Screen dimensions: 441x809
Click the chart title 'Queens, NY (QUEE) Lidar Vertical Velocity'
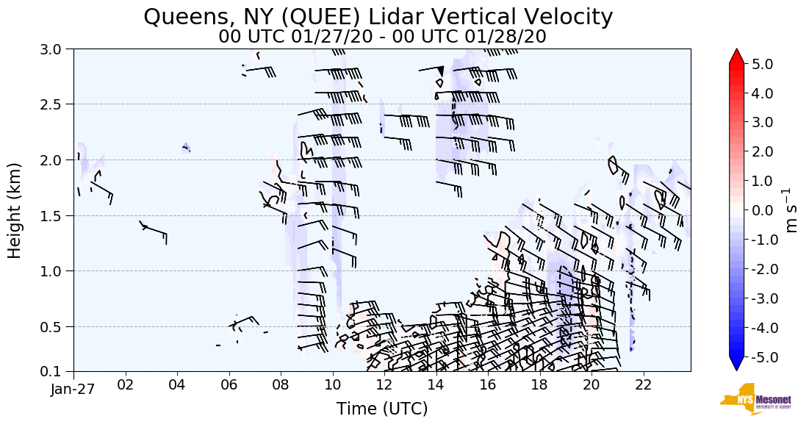tap(378, 16)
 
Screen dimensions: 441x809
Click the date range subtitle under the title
tap(382, 37)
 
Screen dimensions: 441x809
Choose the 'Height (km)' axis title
tap(15, 210)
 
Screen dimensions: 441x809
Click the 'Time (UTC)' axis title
tap(382, 409)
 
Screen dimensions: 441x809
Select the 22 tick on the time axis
tap(643, 386)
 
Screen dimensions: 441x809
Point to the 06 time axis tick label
tap(229, 386)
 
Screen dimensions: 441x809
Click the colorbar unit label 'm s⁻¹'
tap(793, 210)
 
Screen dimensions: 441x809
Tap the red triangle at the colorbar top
tap(736, 56)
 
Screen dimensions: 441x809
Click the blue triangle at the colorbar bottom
tap(736, 365)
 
